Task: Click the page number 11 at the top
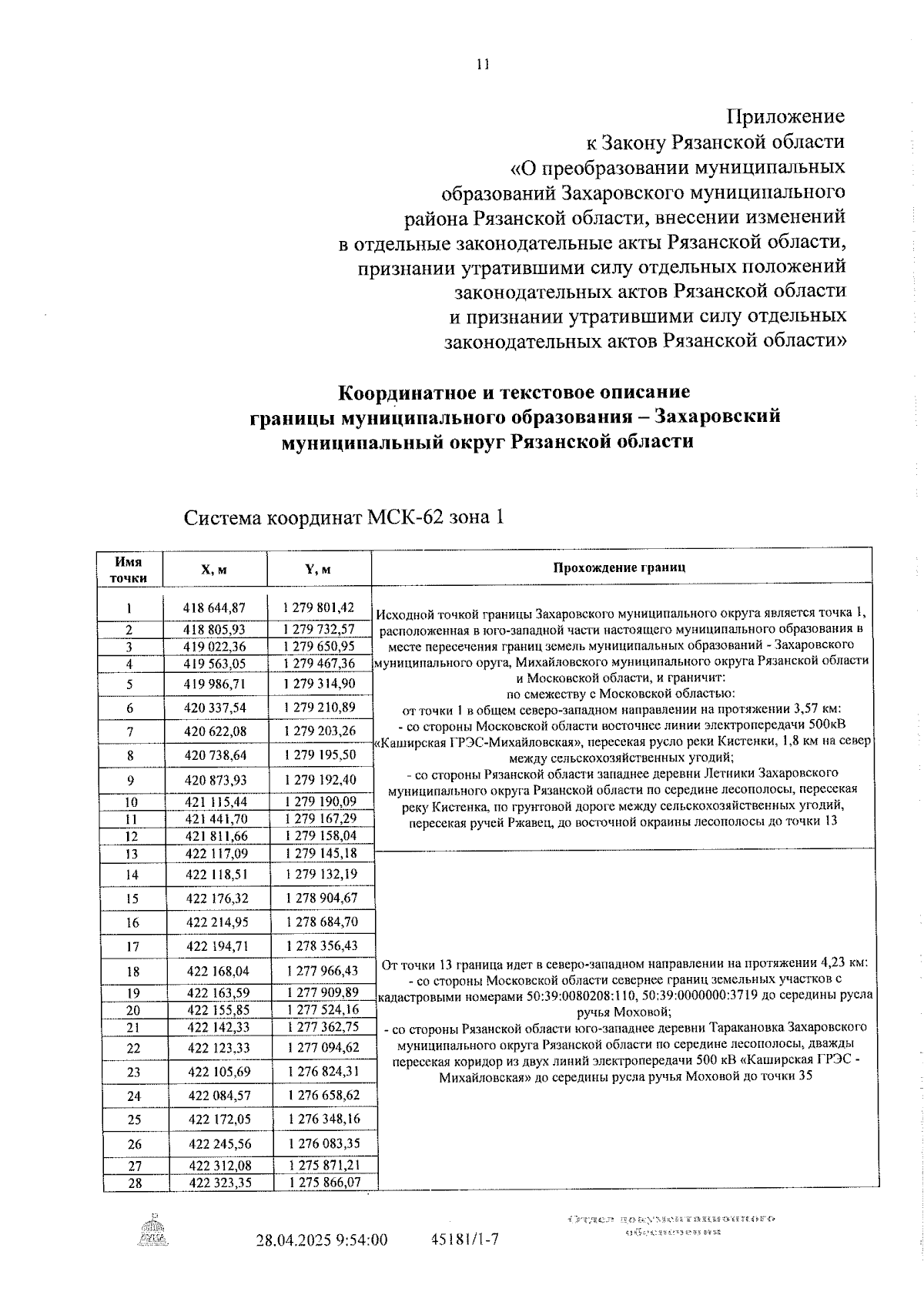483,65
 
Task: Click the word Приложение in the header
785,117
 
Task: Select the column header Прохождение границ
619,568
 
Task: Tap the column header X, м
214,570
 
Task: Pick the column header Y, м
318,570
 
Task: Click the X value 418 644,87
215,608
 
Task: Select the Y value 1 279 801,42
319,607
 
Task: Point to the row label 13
131,854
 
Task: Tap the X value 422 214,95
218,922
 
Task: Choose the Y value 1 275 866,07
324,1183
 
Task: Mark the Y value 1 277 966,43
323,972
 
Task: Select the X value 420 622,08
215,731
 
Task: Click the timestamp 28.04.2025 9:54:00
322,1240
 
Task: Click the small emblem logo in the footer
154,1229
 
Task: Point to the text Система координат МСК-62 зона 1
344,517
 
